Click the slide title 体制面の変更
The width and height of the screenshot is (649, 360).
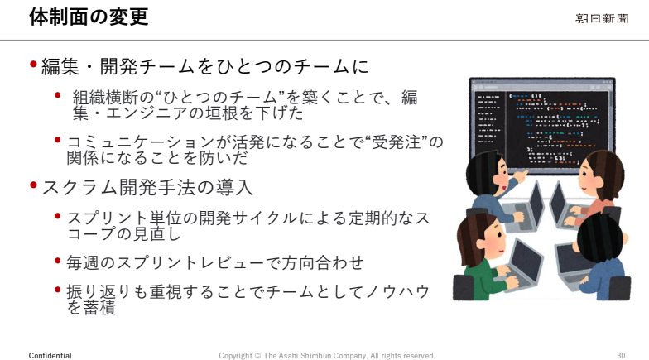(89, 17)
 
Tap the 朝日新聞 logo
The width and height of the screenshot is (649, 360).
(603, 18)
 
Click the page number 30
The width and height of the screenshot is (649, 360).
(621, 356)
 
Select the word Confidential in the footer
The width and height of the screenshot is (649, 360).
(50, 356)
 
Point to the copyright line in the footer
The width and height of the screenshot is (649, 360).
(326, 356)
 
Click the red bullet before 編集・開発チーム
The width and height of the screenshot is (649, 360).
(33, 65)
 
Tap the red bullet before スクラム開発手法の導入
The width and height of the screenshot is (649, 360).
(33, 185)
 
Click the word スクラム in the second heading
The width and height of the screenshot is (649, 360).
(79, 187)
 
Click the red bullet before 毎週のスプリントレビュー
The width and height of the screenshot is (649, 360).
(58, 261)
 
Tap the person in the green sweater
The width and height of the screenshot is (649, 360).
(484, 258)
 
